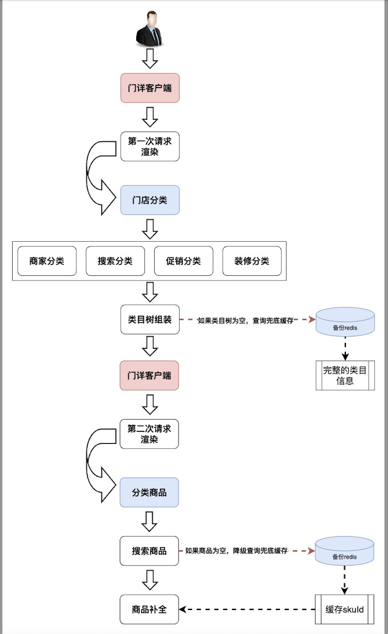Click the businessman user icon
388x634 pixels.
(x=150, y=29)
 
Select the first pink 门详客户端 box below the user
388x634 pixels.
(x=150, y=88)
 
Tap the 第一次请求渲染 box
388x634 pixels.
(x=150, y=147)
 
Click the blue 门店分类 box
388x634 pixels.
(x=150, y=200)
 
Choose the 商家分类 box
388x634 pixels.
(x=47, y=261)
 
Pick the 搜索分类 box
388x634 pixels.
(x=115, y=261)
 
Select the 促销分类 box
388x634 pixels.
(x=183, y=261)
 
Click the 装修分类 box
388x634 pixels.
(x=252, y=261)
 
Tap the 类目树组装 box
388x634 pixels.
(x=150, y=319)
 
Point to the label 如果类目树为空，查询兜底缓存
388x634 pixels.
(x=246, y=321)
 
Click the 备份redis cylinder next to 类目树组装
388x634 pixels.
(x=345, y=322)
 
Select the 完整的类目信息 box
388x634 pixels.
(x=345, y=375)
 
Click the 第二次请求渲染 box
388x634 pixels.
(x=149, y=434)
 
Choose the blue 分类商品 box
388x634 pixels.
(x=149, y=492)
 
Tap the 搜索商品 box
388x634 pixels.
(x=149, y=551)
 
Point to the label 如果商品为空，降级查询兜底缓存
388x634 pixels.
(x=236, y=551)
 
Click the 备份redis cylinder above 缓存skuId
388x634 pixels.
(x=344, y=551)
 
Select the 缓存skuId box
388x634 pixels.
(x=344, y=609)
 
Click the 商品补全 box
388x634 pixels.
(x=149, y=609)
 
